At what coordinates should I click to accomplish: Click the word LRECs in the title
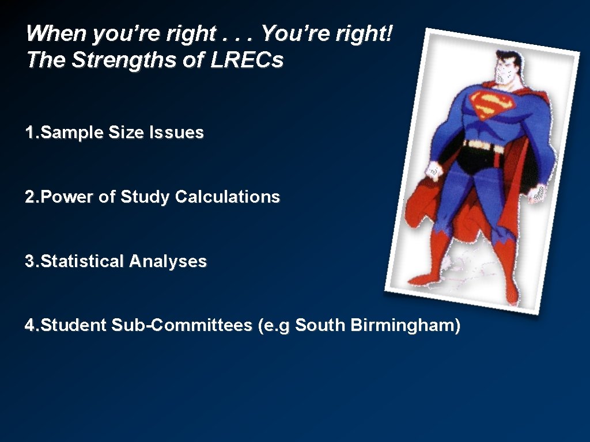tap(247, 60)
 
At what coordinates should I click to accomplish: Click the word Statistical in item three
tap(83, 262)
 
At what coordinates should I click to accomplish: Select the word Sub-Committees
tap(182, 326)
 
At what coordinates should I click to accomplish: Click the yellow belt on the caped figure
tap(484, 146)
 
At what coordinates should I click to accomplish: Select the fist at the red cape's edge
tap(433, 170)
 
